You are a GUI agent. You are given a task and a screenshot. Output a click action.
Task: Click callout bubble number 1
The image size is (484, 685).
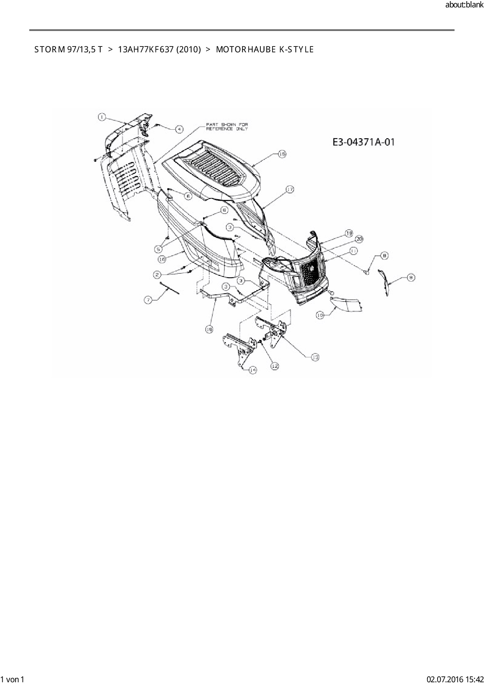pyautogui.click(x=101, y=116)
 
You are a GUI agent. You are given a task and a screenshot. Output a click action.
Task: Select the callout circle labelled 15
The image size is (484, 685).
pyautogui.click(x=282, y=154)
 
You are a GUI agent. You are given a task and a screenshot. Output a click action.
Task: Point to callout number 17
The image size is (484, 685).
pyautogui.click(x=290, y=189)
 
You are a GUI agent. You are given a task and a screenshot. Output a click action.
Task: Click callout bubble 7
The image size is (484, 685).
pyautogui.click(x=148, y=300)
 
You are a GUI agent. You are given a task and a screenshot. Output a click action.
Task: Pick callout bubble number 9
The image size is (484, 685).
pyautogui.click(x=411, y=277)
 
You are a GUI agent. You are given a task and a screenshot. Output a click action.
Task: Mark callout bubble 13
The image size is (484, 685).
pyautogui.click(x=315, y=357)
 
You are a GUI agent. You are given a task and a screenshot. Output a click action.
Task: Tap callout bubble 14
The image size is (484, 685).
pyautogui.click(x=253, y=369)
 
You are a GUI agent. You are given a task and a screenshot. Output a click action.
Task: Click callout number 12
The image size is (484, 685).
pyautogui.click(x=274, y=366)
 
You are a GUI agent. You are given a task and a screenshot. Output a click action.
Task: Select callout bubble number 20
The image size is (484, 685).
pyautogui.click(x=359, y=239)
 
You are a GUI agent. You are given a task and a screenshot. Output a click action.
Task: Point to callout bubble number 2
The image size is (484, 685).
pyautogui.click(x=157, y=275)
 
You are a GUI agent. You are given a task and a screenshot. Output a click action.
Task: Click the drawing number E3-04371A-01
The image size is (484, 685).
pyautogui.click(x=363, y=142)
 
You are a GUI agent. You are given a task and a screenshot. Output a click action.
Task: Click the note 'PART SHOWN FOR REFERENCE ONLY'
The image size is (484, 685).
pyautogui.click(x=227, y=127)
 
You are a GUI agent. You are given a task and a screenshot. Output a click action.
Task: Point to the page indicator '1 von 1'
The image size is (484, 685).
pyautogui.click(x=12, y=679)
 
